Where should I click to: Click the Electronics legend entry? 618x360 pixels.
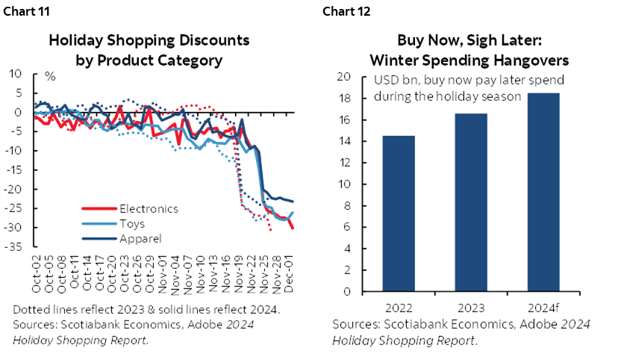coord(149,208)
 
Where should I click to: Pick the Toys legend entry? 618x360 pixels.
coord(131,223)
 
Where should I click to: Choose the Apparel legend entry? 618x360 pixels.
coord(140,238)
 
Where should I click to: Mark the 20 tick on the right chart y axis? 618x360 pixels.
coord(344,77)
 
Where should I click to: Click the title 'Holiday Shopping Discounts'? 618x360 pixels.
coord(149,40)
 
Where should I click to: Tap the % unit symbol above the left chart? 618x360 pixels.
coord(51,76)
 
